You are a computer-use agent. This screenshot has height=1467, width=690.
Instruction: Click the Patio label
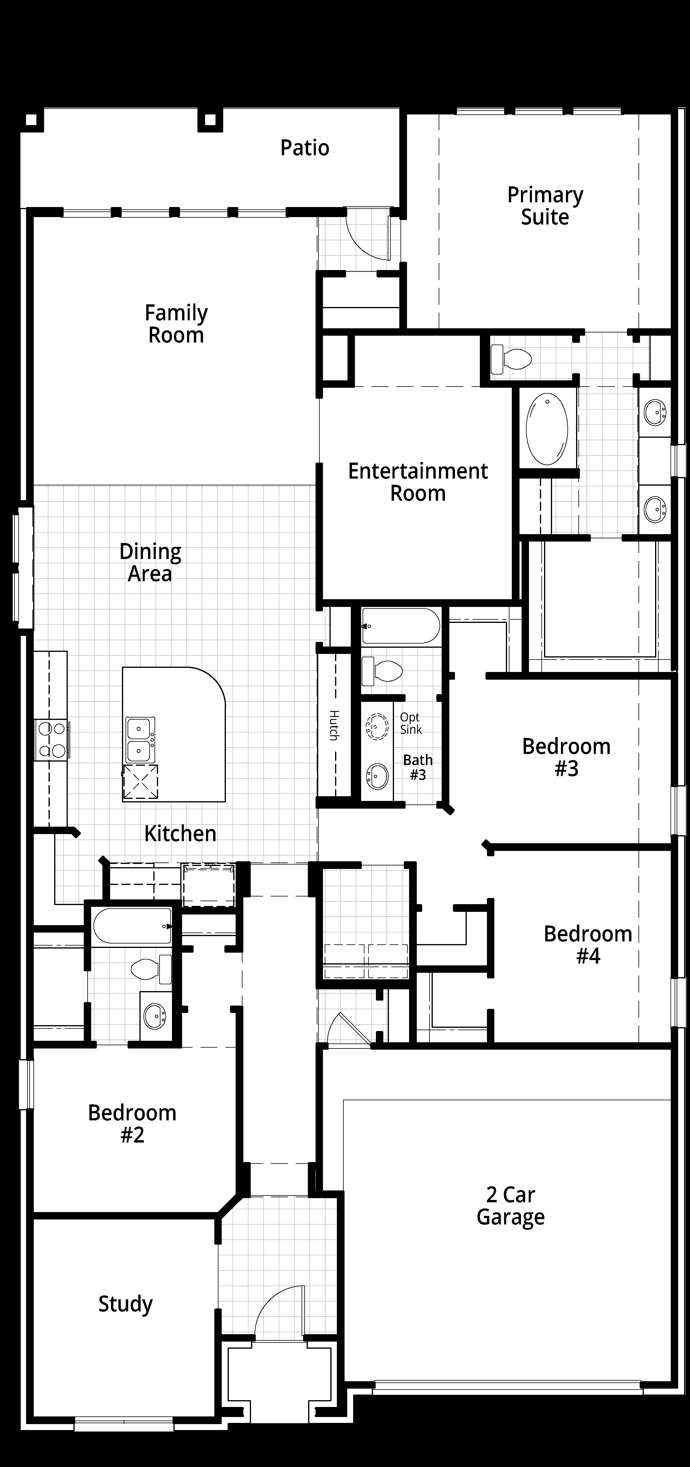[305, 148]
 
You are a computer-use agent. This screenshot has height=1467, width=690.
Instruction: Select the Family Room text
[176, 324]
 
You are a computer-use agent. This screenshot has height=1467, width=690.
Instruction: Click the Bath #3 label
[418, 767]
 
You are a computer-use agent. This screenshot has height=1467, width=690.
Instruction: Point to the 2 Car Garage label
[511, 1206]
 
